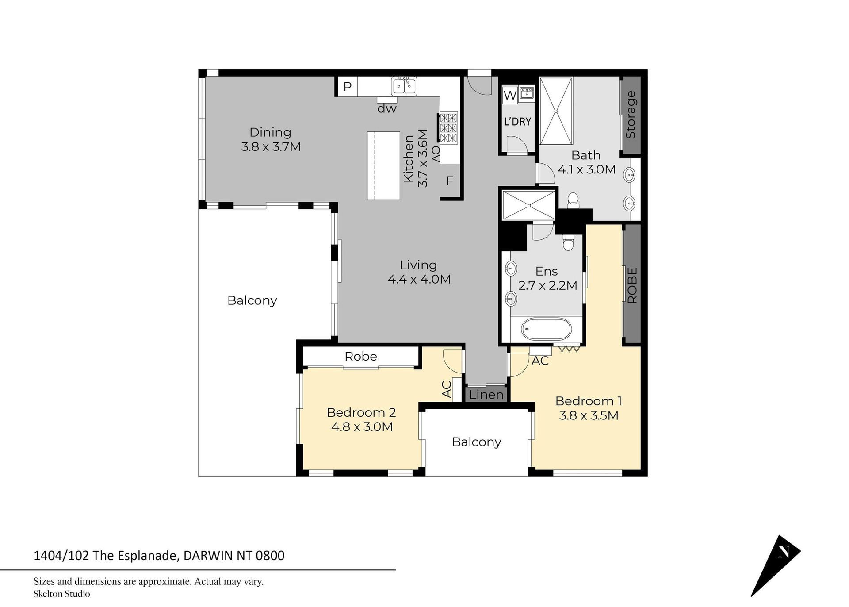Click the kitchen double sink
pyautogui.click(x=404, y=86)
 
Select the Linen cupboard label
pyautogui.click(x=486, y=395)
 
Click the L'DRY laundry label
pyautogui.click(x=517, y=121)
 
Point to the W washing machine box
pyautogui.click(x=510, y=95)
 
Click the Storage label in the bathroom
pyautogui.click(x=631, y=115)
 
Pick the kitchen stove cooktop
pyautogui.click(x=448, y=128)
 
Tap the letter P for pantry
pyautogui.click(x=348, y=86)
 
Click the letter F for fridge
pyautogui.click(x=450, y=181)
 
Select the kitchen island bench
pyautogui.click(x=383, y=165)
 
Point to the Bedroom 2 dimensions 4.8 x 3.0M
pyautogui.click(x=362, y=427)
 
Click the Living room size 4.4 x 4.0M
pyautogui.click(x=419, y=280)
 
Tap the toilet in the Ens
pyautogui.click(x=568, y=242)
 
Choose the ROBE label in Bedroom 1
pyautogui.click(x=632, y=285)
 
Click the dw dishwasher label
pyautogui.click(x=387, y=108)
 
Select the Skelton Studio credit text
pyautogui.click(x=61, y=594)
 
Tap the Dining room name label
pyautogui.click(x=270, y=132)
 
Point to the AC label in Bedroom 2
pyautogui.click(x=447, y=389)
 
